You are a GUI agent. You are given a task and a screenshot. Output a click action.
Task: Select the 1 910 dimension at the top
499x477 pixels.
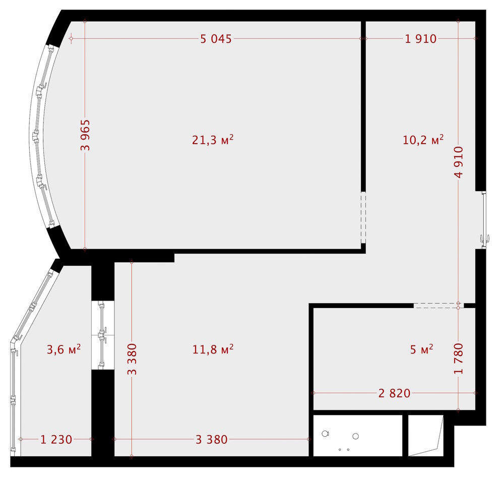click(420, 39)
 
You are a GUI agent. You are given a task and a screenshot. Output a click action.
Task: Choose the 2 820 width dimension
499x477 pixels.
click(395, 393)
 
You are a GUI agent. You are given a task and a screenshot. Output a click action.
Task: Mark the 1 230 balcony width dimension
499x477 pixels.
click(56, 439)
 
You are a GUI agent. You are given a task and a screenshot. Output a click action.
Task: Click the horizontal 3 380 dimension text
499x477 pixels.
click(211, 439)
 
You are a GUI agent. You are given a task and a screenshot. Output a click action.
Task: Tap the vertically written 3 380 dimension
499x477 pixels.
click(132, 360)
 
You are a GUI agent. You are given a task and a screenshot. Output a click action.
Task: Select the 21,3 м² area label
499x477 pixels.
click(212, 140)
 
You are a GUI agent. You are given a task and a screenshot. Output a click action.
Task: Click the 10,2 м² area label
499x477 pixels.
click(423, 140)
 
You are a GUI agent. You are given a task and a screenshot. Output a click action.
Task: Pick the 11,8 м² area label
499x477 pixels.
click(212, 349)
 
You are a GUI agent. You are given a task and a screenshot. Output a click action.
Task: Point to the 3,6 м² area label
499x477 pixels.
click(64, 349)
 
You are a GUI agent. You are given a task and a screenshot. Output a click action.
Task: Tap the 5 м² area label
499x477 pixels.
click(422, 349)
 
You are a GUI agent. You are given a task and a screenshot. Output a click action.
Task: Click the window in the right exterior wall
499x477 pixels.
click(484, 220)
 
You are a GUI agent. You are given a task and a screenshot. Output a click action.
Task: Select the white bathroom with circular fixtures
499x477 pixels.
click(357, 435)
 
